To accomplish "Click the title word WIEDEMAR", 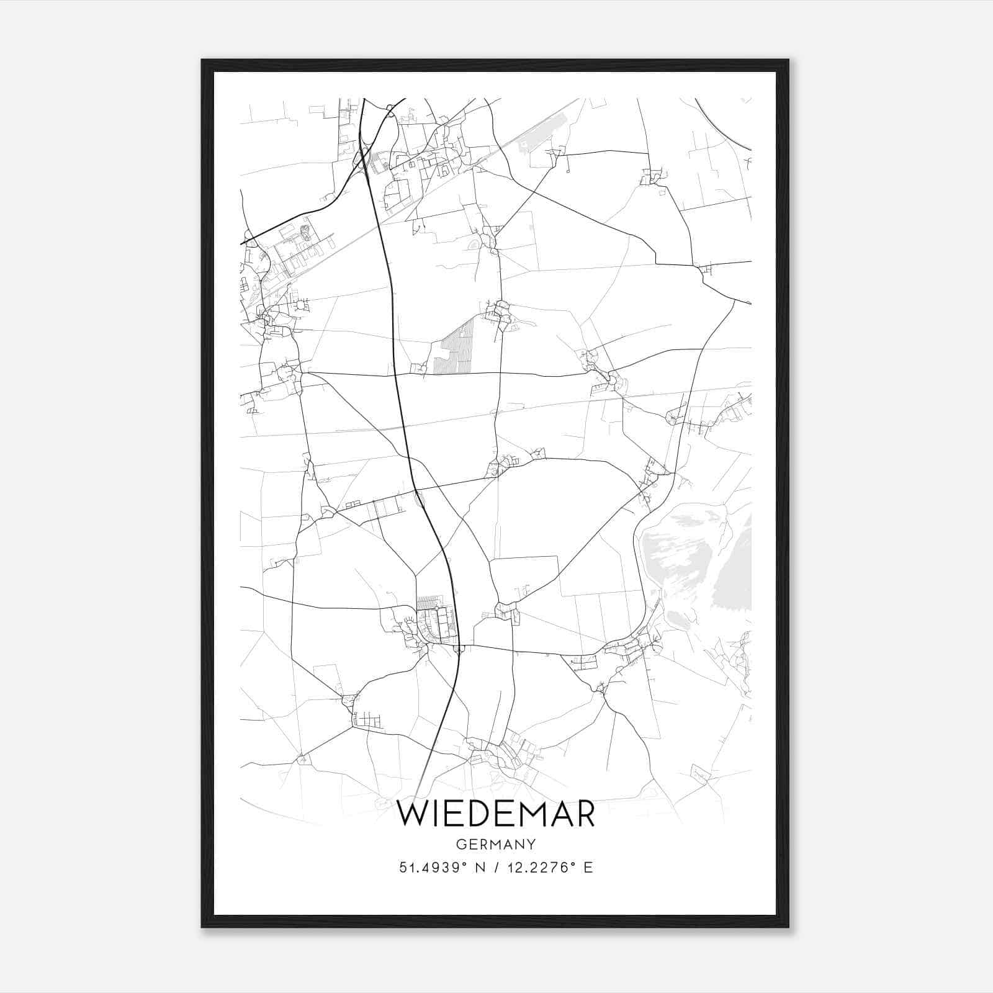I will click(496, 814).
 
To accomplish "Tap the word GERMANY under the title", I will click(496, 844).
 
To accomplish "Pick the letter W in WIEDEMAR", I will click(411, 814).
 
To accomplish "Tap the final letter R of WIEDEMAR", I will click(584, 814).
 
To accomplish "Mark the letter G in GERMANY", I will click(460, 844).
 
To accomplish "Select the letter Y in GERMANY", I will click(532, 844).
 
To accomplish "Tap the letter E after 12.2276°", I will click(588, 867).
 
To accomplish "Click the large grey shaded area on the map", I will click(689, 559).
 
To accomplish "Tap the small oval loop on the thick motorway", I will click(419, 498).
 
